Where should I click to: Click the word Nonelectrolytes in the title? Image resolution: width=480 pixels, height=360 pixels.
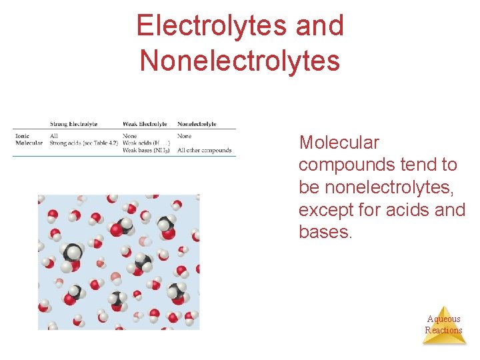pyautogui.click(x=239, y=61)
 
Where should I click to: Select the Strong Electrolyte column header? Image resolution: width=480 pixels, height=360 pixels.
pyautogui.click(x=73, y=124)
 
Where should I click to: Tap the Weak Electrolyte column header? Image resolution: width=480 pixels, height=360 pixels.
pyautogui.click(x=145, y=124)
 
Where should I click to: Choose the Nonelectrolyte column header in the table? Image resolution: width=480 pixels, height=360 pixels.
pyautogui.click(x=197, y=124)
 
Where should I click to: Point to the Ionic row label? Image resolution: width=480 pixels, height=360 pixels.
pyautogui.click(x=22, y=136)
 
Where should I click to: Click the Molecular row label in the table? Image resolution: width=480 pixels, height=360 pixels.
pyautogui.click(x=29, y=143)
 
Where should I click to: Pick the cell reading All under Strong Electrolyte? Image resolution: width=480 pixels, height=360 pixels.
pyautogui.click(x=54, y=136)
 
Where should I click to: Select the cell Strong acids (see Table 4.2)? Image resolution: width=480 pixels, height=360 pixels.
pyautogui.click(x=84, y=143)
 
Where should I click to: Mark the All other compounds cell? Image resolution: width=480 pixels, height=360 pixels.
pyautogui.click(x=205, y=150)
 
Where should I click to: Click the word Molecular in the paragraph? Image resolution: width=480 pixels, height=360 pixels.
pyautogui.click(x=339, y=143)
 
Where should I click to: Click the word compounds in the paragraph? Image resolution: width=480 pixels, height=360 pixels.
pyautogui.click(x=346, y=165)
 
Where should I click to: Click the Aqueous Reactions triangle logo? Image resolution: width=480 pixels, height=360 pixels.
pyautogui.click(x=443, y=325)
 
